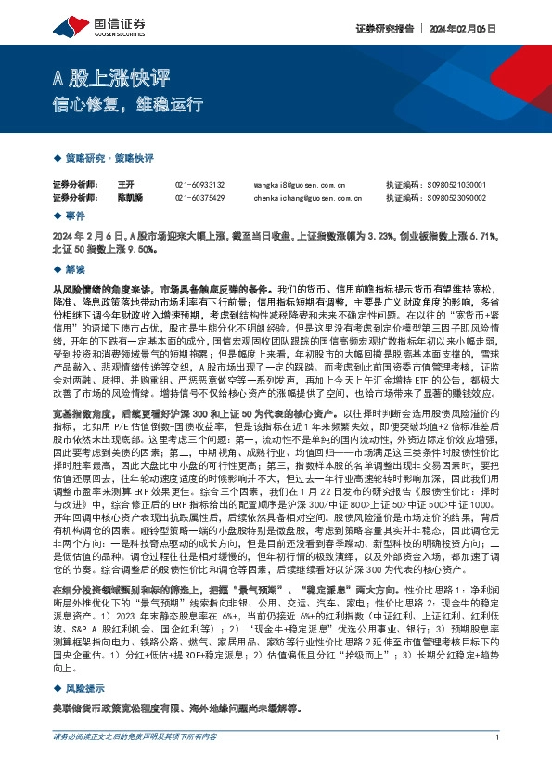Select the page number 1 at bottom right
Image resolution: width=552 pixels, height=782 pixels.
pyautogui.click(x=498, y=763)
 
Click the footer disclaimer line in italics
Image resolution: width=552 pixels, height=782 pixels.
pyautogui.click(x=138, y=763)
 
